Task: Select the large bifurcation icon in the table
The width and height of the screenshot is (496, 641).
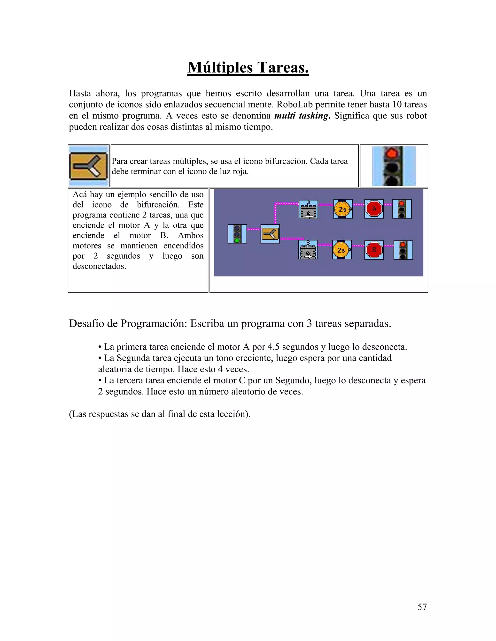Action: click(88, 166)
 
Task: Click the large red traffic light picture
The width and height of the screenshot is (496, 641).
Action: click(394, 166)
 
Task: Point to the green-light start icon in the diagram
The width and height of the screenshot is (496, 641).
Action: click(237, 234)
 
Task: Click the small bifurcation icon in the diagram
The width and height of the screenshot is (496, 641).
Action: click(270, 234)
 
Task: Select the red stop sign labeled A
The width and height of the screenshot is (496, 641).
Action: click(374, 209)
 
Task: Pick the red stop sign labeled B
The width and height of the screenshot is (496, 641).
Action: click(374, 250)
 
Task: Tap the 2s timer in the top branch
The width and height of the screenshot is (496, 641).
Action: click(343, 209)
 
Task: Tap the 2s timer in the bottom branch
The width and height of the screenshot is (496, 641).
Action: click(342, 250)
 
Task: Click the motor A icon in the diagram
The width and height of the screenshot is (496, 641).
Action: click(308, 209)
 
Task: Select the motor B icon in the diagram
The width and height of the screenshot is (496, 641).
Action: click(308, 250)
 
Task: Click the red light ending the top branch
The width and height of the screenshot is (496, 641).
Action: click(402, 209)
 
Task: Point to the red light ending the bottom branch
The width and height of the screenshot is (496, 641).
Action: click(403, 250)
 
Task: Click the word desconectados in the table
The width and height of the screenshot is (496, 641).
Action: click(99, 266)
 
